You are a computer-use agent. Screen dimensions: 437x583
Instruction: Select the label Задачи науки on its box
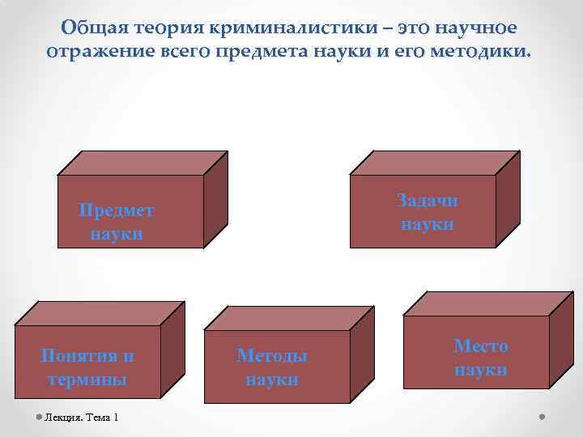tap(428, 212)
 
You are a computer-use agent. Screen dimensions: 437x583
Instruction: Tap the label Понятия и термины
tap(88, 367)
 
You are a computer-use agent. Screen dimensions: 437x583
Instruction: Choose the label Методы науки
tap(272, 367)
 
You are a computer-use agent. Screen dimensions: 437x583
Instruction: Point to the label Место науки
tap(481, 358)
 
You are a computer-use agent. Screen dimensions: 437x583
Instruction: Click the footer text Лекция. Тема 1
tap(82, 417)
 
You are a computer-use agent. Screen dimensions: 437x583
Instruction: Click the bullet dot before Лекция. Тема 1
tap(39, 417)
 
